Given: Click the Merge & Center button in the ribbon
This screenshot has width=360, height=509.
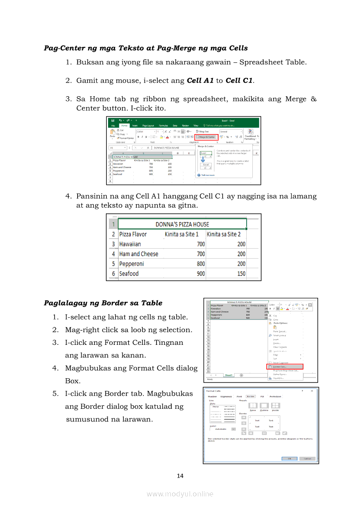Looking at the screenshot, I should [x=206, y=137].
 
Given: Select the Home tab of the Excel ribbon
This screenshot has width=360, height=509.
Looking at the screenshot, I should [x=125, y=125].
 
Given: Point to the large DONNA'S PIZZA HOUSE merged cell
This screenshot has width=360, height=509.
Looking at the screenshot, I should [x=182, y=224].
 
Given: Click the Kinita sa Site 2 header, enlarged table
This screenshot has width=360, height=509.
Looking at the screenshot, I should [x=224, y=234].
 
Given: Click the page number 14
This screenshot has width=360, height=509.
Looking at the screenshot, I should [x=180, y=475].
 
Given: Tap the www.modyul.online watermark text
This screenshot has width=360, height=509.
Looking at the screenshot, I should [x=180, y=494].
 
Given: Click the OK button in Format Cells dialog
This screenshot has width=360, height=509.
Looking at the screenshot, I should [x=289, y=458].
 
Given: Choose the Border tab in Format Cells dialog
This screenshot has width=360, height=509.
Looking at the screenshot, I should [x=251, y=397].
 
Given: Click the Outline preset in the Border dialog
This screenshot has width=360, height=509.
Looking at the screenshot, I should [x=264, y=407].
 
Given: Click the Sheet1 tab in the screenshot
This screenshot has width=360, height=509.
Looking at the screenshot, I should [x=228, y=375].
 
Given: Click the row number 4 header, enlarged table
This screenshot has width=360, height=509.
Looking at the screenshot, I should [x=113, y=254].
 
